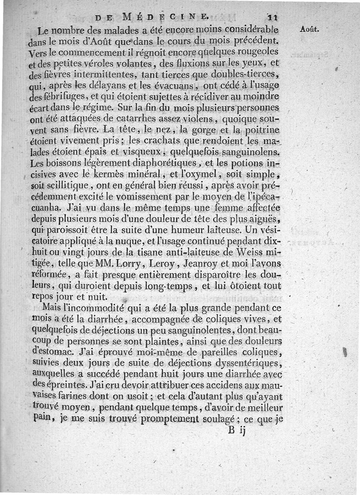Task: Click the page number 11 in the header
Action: click(273, 18)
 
